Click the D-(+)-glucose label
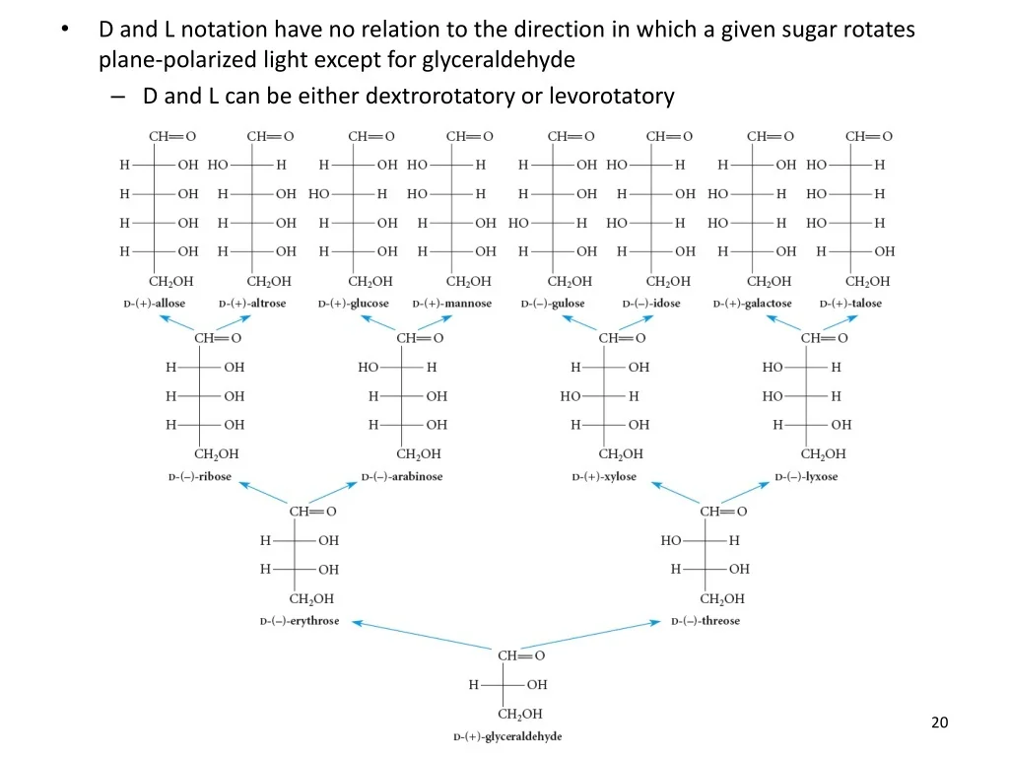point(354,304)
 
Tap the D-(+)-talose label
point(850,304)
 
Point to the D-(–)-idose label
point(651,304)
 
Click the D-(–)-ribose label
point(200,477)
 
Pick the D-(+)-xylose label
point(604,477)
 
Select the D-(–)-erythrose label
point(300,621)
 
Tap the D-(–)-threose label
point(706,621)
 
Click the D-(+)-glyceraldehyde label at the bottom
point(507,736)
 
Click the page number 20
point(939,723)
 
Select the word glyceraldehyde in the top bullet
point(499,60)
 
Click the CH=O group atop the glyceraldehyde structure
point(521,655)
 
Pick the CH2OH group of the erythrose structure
point(310,598)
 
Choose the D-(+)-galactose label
point(752,304)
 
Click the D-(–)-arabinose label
point(402,477)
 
